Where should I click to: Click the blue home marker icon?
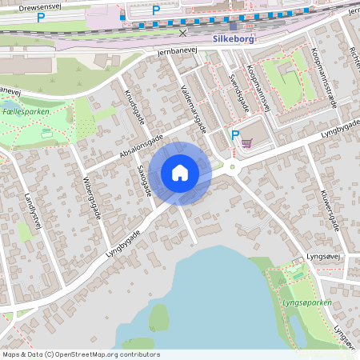[180, 172]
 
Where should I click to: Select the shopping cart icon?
[248, 143]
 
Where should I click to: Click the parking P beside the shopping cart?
[234, 135]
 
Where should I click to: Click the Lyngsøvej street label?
[313, 257]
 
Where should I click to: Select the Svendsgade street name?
[238, 94]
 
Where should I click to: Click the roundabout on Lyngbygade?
[232, 167]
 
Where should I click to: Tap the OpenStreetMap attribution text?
[81, 354]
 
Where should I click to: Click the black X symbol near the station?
[183, 33]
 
